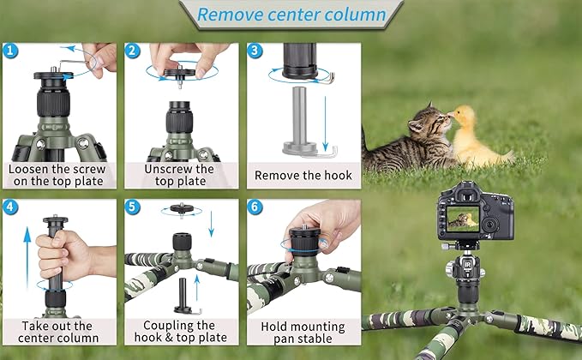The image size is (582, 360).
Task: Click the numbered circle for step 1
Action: tap(10, 51)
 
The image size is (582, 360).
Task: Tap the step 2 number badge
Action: tap(133, 51)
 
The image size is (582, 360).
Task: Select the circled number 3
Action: tap(255, 51)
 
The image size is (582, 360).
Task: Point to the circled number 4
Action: tap(10, 207)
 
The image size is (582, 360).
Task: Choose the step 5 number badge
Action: tap(133, 207)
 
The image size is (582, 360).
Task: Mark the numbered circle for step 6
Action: tap(255, 207)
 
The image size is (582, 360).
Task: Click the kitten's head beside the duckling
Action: tap(429, 122)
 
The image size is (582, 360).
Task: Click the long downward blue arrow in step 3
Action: tap(325, 123)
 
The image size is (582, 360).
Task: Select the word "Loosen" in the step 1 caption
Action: tap(28, 169)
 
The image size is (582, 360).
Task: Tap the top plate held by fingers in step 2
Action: tap(180, 73)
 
